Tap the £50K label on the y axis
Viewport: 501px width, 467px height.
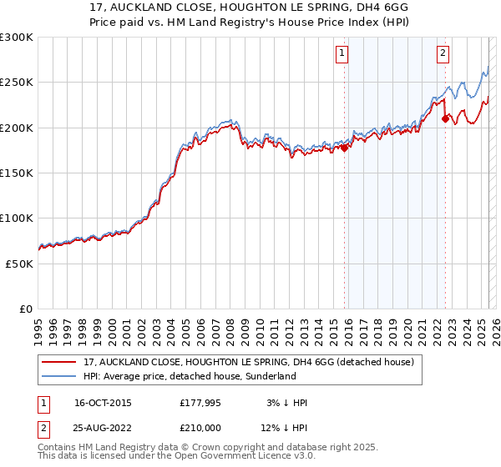point(20,263)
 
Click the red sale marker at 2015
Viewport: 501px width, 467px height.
point(345,148)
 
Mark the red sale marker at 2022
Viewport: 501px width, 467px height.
point(445,119)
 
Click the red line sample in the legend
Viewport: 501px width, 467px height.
point(58,363)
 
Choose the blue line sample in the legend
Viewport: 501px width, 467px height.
point(58,377)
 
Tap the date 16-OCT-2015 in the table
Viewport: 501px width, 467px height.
point(103,403)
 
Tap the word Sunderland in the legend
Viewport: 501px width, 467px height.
point(270,377)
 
